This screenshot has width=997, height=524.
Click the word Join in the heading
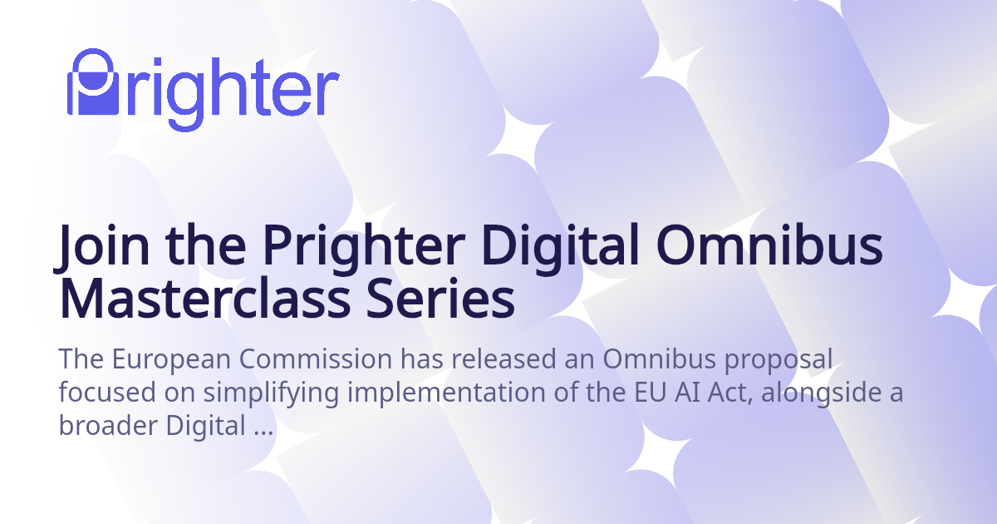click(101, 246)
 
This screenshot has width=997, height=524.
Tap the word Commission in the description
click(316, 358)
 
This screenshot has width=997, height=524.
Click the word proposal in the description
click(778, 360)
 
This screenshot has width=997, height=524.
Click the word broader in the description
click(108, 425)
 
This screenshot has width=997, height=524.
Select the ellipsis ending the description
click(263, 433)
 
